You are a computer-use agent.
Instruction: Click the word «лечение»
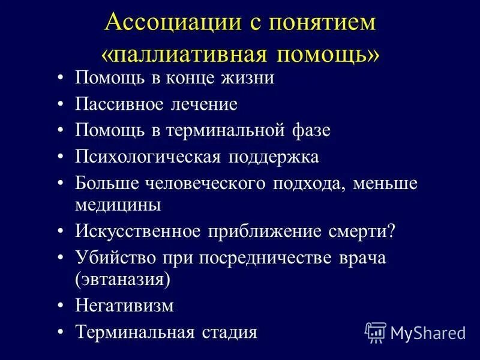(x=205, y=104)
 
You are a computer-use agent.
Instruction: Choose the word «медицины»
(x=118, y=204)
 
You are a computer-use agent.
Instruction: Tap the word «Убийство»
(x=114, y=257)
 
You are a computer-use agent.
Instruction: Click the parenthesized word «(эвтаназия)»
(x=123, y=279)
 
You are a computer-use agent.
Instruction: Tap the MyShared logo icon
(x=375, y=332)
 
